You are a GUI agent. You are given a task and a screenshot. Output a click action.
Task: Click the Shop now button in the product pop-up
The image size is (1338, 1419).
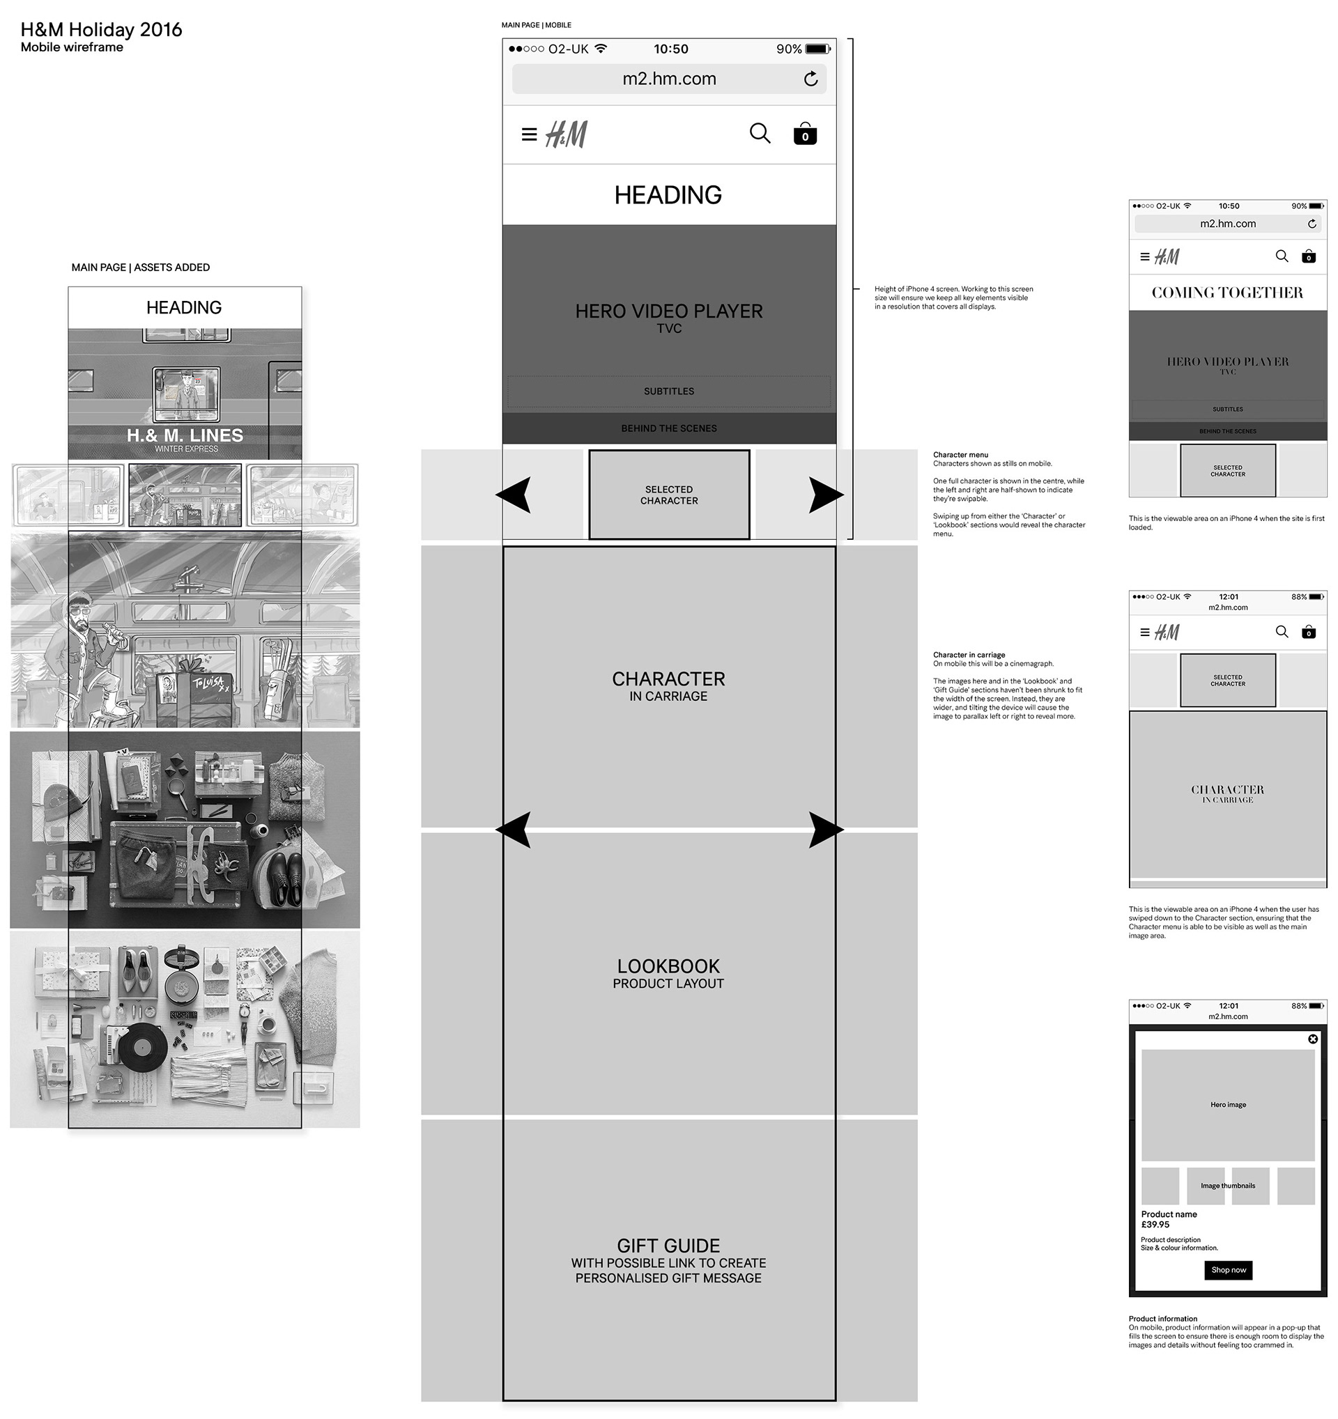pyautogui.click(x=1227, y=1270)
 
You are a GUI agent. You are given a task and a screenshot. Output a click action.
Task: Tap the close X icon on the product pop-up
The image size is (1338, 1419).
pyautogui.click(x=1312, y=1039)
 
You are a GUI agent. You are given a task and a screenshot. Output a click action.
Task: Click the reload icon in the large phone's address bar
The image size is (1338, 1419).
pyautogui.click(x=810, y=79)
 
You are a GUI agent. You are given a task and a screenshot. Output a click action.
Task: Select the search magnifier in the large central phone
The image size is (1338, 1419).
pyautogui.click(x=760, y=134)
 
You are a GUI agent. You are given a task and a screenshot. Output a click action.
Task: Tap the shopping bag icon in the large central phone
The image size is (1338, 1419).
pyautogui.click(x=805, y=134)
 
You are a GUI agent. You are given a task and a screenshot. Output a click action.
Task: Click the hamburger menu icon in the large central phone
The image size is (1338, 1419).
pyautogui.click(x=529, y=134)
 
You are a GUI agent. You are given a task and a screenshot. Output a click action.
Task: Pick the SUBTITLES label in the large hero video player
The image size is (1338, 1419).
pyautogui.click(x=668, y=391)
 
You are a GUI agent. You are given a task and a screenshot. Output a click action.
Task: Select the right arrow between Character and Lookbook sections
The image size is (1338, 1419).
pyautogui.click(x=825, y=830)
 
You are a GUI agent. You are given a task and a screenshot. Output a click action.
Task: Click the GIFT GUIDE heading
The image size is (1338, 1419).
pyautogui.click(x=668, y=1246)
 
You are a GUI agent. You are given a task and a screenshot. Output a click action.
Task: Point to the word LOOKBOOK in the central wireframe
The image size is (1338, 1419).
pyautogui.click(x=668, y=966)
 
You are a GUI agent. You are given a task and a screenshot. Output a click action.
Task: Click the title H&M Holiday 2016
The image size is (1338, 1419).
pyautogui.click(x=101, y=30)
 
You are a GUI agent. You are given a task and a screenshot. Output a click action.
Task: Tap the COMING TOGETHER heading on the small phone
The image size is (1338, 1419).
pyautogui.click(x=1226, y=293)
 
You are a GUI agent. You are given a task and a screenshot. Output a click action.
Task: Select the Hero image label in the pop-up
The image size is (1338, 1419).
pyautogui.click(x=1228, y=1105)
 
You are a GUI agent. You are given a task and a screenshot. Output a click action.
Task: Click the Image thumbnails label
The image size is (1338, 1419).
pyautogui.click(x=1227, y=1186)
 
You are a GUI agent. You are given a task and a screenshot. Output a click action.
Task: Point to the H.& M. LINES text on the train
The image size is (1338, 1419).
pyautogui.click(x=185, y=435)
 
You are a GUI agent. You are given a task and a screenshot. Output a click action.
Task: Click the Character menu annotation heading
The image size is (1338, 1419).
pyautogui.click(x=960, y=455)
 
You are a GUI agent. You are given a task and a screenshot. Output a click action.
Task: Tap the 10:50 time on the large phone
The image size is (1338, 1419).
pyautogui.click(x=670, y=49)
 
